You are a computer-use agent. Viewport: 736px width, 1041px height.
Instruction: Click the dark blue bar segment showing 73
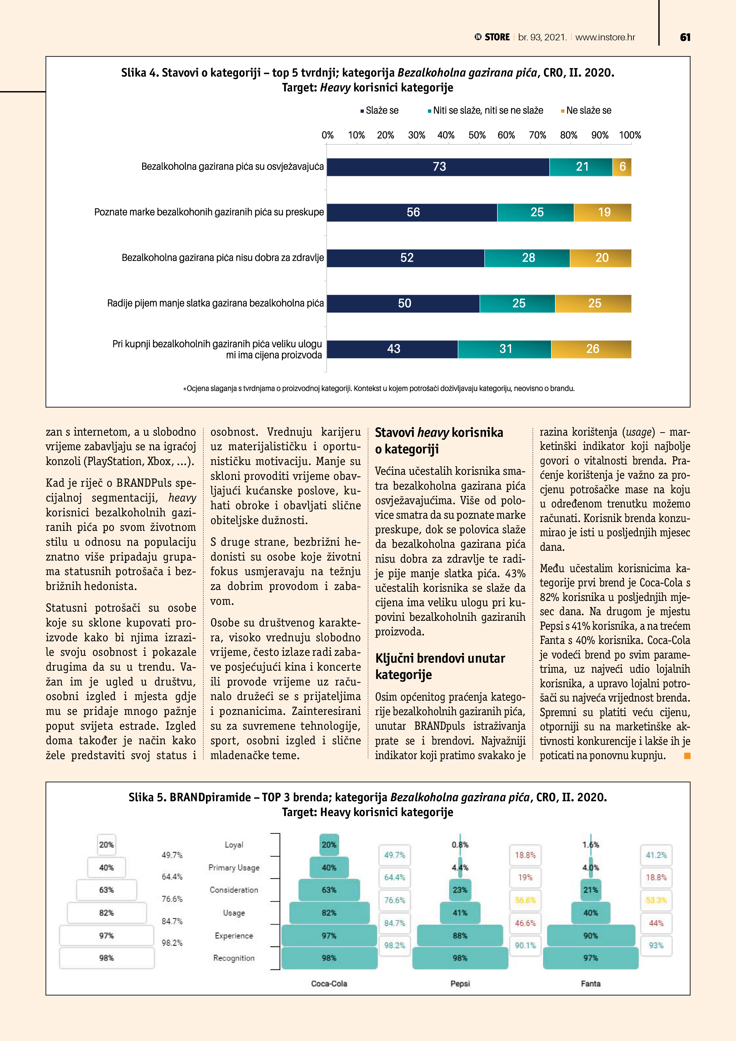point(438,167)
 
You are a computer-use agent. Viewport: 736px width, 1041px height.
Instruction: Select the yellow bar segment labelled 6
point(622,167)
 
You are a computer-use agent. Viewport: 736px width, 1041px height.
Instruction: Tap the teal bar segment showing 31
point(505,349)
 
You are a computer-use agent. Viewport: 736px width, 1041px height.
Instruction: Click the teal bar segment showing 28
point(527,258)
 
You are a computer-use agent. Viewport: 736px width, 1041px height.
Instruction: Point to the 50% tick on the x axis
point(477,135)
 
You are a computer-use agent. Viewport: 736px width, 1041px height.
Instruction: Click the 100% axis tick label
point(630,135)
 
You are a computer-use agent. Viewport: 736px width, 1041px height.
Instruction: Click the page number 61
point(685,37)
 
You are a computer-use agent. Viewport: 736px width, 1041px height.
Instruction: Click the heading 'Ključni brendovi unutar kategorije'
point(440,666)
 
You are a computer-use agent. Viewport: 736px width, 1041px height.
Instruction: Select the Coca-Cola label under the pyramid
point(329,983)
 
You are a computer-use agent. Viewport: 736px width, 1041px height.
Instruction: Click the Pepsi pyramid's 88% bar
point(460,935)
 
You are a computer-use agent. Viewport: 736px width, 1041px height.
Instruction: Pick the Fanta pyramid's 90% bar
point(591,935)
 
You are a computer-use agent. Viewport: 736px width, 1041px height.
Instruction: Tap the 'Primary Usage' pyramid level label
point(234,867)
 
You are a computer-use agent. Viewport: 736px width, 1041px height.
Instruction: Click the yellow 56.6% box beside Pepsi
point(525,900)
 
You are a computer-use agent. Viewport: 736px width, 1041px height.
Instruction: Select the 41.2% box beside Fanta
point(656,855)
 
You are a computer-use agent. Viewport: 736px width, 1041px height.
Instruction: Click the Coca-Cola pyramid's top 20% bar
point(329,845)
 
